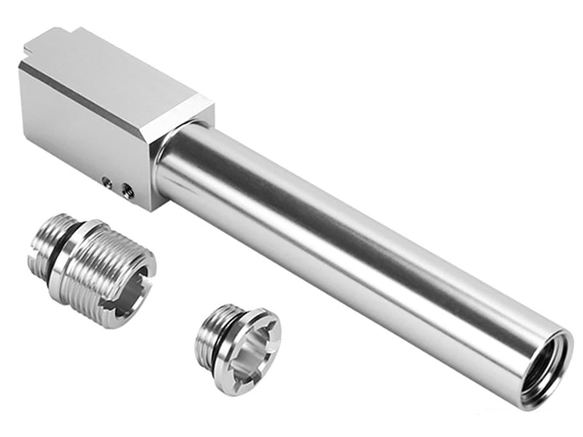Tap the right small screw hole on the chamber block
point(127,189)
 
